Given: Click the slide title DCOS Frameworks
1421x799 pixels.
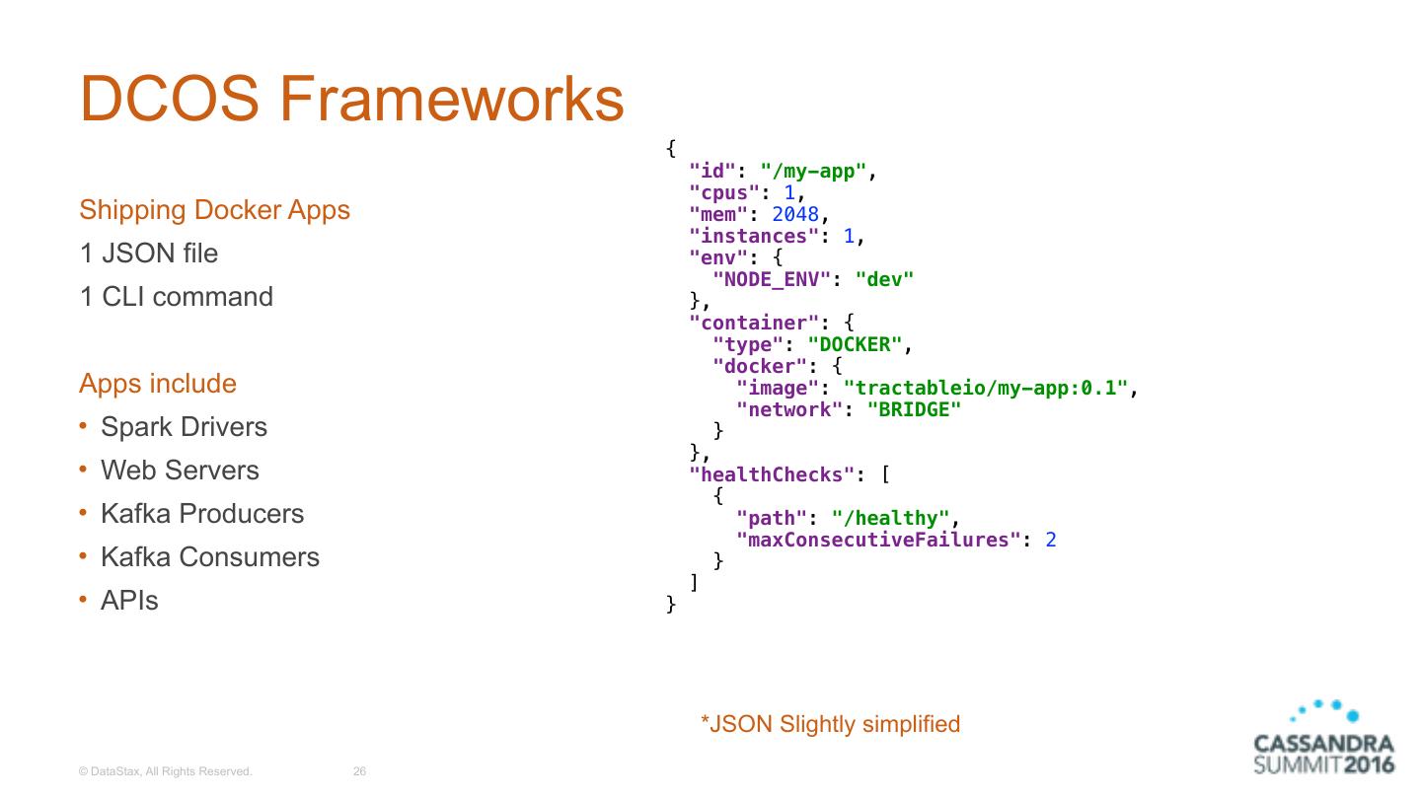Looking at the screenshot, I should [x=351, y=99].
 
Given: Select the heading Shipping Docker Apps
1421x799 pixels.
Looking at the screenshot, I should [x=214, y=210].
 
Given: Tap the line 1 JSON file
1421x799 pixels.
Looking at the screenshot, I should [x=148, y=254].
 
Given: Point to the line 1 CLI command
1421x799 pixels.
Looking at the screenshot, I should [x=176, y=297].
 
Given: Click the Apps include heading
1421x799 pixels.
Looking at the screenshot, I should [x=158, y=384].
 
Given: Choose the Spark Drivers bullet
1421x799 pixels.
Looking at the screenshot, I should [x=184, y=427].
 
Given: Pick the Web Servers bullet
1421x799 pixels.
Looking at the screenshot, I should [x=180, y=471].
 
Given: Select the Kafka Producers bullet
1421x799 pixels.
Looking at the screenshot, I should [x=202, y=514].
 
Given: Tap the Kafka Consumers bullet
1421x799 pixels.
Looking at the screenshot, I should [x=210, y=557].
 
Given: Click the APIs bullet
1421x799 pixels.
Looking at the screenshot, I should [x=129, y=601].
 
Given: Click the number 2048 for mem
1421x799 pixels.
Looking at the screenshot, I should [x=795, y=215].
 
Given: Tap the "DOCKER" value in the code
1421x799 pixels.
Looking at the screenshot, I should [x=855, y=345].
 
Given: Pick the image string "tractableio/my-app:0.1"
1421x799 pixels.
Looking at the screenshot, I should [x=985, y=389].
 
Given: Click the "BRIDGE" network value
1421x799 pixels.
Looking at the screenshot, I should [x=914, y=410].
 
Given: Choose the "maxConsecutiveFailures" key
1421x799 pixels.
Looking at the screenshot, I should [x=879, y=541].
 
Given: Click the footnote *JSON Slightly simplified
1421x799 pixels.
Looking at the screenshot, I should [x=830, y=724].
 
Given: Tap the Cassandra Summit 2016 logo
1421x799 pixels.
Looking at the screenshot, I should [x=1323, y=740].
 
